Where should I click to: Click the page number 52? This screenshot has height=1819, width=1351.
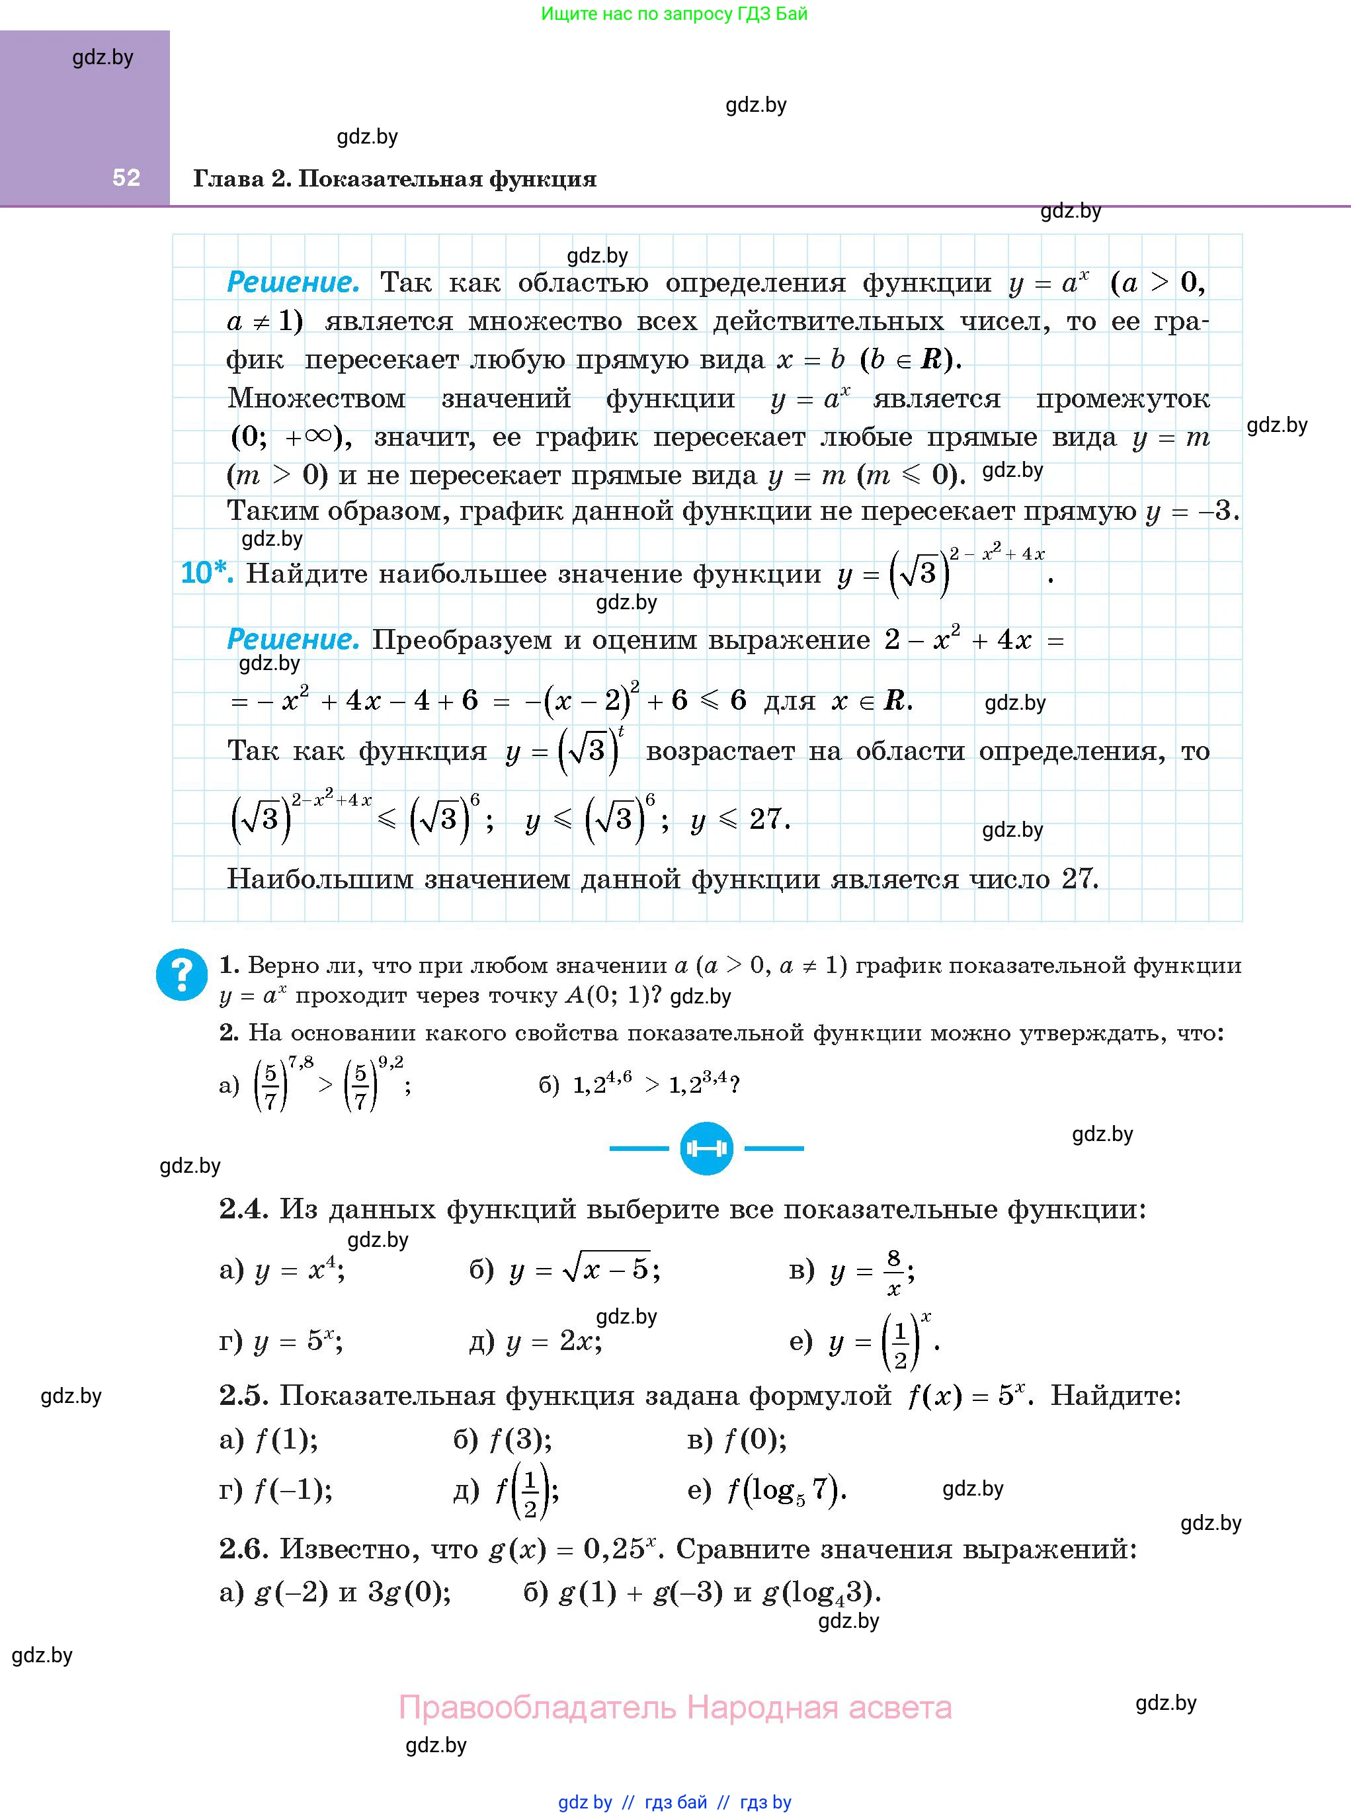pos(126,177)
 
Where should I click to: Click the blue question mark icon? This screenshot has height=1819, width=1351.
pos(182,974)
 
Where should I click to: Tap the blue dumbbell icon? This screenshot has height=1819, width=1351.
pos(706,1148)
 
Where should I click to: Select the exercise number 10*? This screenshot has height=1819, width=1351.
pos(206,573)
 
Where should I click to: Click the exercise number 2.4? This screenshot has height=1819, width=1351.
pos(244,1209)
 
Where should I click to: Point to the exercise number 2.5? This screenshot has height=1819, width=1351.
pos(244,1395)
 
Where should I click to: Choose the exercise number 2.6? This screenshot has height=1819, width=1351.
pos(244,1548)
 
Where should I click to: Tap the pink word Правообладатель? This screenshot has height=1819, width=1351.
pos(538,1708)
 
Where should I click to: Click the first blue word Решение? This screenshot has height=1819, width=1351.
pos(293,283)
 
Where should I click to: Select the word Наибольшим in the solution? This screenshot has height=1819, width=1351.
pos(320,879)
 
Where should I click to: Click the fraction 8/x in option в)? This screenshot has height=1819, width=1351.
pos(894,1272)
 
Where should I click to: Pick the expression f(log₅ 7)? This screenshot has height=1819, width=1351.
pos(786,1490)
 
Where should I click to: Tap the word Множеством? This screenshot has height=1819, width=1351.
pos(317,398)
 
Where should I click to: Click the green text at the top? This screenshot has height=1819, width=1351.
pos(674,14)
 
